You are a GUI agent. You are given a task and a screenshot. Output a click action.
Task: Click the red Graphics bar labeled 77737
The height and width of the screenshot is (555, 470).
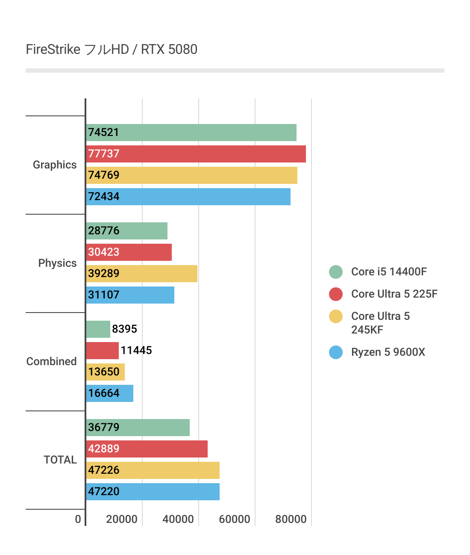tap(196, 154)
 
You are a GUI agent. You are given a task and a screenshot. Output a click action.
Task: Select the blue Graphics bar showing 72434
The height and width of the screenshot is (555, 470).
tap(188, 197)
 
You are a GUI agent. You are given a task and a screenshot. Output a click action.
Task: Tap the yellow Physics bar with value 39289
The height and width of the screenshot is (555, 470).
tap(141, 274)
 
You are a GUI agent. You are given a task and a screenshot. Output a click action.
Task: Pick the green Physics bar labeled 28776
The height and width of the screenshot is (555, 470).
tap(126, 231)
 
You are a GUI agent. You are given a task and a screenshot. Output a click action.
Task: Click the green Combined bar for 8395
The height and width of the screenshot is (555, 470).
tap(98, 329)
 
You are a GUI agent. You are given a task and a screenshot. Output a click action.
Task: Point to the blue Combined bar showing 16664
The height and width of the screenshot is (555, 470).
tap(109, 393)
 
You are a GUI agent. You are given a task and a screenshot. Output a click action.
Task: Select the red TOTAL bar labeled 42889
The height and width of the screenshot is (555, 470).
tap(147, 449)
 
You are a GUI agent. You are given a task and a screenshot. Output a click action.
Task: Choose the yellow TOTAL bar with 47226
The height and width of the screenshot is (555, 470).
tap(153, 470)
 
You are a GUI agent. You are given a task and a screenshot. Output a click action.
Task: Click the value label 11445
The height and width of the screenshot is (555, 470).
tap(136, 351)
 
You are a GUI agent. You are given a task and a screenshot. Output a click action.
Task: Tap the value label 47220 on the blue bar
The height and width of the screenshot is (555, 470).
tap(104, 492)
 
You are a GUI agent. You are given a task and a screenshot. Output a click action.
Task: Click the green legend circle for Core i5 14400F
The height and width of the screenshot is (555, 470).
tap(336, 272)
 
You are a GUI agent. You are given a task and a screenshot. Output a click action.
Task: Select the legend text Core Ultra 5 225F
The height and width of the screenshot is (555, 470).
tap(394, 294)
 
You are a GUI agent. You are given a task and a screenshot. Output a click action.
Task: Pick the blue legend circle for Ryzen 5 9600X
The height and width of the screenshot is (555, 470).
tap(336, 352)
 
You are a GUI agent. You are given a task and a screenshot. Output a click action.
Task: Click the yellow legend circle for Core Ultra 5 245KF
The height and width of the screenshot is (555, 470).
tap(336, 316)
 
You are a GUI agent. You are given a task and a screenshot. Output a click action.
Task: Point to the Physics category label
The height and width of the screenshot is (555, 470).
tap(57, 263)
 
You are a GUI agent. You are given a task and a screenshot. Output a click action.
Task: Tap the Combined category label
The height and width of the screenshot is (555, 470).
tap(51, 361)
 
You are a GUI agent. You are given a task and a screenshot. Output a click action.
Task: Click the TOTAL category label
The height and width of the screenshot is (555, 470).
tap(60, 460)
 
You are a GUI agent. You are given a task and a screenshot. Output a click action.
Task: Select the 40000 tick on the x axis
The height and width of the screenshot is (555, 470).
tap(178, 519)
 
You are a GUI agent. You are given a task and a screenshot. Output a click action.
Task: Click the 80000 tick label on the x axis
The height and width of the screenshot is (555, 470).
tap(291, 519)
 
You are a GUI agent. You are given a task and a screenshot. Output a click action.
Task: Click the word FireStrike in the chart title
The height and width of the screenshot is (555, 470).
tap(53, 50)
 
